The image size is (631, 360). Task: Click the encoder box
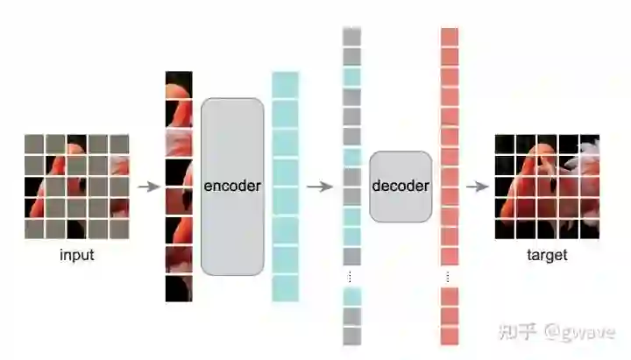coord(232,186)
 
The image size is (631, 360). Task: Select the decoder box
coord(401,186)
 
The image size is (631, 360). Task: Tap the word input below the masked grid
coord(77,256)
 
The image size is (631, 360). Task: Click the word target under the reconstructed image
coord(547,256)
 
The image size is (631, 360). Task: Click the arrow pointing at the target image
coord(477,187)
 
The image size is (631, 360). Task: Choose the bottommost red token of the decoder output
coord(450,335)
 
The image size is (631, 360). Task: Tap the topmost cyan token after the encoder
coord(285,83)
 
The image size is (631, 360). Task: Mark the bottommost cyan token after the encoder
coord(285,288)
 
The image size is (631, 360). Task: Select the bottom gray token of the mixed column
coord(352,335)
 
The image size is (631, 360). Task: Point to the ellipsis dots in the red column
coord(450,277)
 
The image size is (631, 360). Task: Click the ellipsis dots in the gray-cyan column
coord(352,277)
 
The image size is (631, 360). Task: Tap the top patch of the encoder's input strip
coord(179,83)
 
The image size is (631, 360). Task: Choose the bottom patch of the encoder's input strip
coord(179,288)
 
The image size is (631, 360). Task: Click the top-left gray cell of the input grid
coord(34,145)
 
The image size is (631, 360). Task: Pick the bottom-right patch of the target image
coord(589,229)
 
